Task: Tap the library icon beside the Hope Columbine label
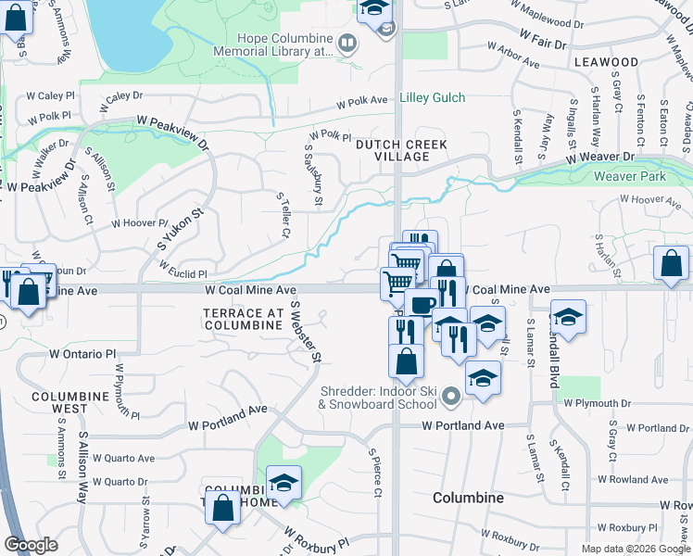point(346,43)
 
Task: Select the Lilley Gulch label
point(432,97)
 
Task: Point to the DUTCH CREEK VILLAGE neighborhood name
point(401,150)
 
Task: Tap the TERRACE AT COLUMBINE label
point(243,318)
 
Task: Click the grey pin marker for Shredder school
point(451,397)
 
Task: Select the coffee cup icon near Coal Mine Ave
point(422,303)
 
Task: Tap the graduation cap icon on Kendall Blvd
point(568,316)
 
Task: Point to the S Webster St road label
point(306,331)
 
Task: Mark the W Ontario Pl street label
point(82,354)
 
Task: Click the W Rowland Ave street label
point(635,479)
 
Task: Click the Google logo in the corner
point(31,545)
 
